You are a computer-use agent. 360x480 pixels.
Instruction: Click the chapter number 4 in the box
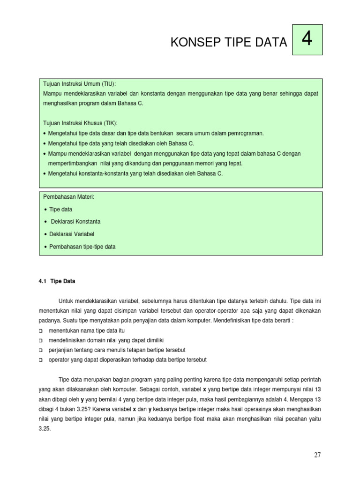point(307,40)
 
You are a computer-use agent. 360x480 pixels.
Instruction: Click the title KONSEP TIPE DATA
point(228,43)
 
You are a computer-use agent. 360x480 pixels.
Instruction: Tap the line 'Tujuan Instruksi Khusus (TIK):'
point(81,123)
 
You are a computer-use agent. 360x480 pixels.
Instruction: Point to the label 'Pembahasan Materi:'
point(69,197)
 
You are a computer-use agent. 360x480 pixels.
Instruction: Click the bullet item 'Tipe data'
point(61,210)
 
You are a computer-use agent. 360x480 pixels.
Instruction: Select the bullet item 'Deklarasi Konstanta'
point(75,221)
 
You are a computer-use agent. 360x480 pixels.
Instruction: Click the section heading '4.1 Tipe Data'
point(56,282)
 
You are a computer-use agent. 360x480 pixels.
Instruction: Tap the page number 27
point(318,455)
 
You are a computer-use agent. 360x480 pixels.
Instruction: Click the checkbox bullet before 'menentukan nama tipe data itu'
point(40,330)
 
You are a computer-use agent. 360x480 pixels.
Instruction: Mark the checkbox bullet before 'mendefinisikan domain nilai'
point(40,340)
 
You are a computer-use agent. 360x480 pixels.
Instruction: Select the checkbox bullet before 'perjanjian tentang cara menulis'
point(40,350)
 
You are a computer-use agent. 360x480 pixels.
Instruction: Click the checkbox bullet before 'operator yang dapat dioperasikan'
point(40,360)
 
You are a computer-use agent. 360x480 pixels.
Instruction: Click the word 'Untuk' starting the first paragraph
point(66,300)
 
